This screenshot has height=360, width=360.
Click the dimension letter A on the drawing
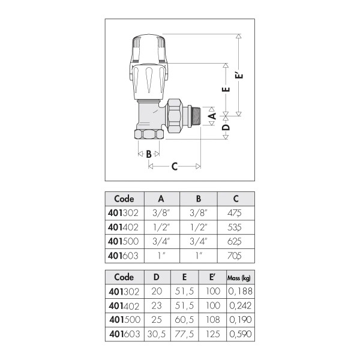[213, 116]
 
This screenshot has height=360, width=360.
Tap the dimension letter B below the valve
[149, 154]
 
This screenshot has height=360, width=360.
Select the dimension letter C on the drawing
[175, 166]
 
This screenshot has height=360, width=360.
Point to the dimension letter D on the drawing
[226, 127]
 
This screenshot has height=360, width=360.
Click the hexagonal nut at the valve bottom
[149, 134]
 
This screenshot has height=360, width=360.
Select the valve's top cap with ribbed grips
[149, 49]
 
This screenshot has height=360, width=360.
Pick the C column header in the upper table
[236, 199]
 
